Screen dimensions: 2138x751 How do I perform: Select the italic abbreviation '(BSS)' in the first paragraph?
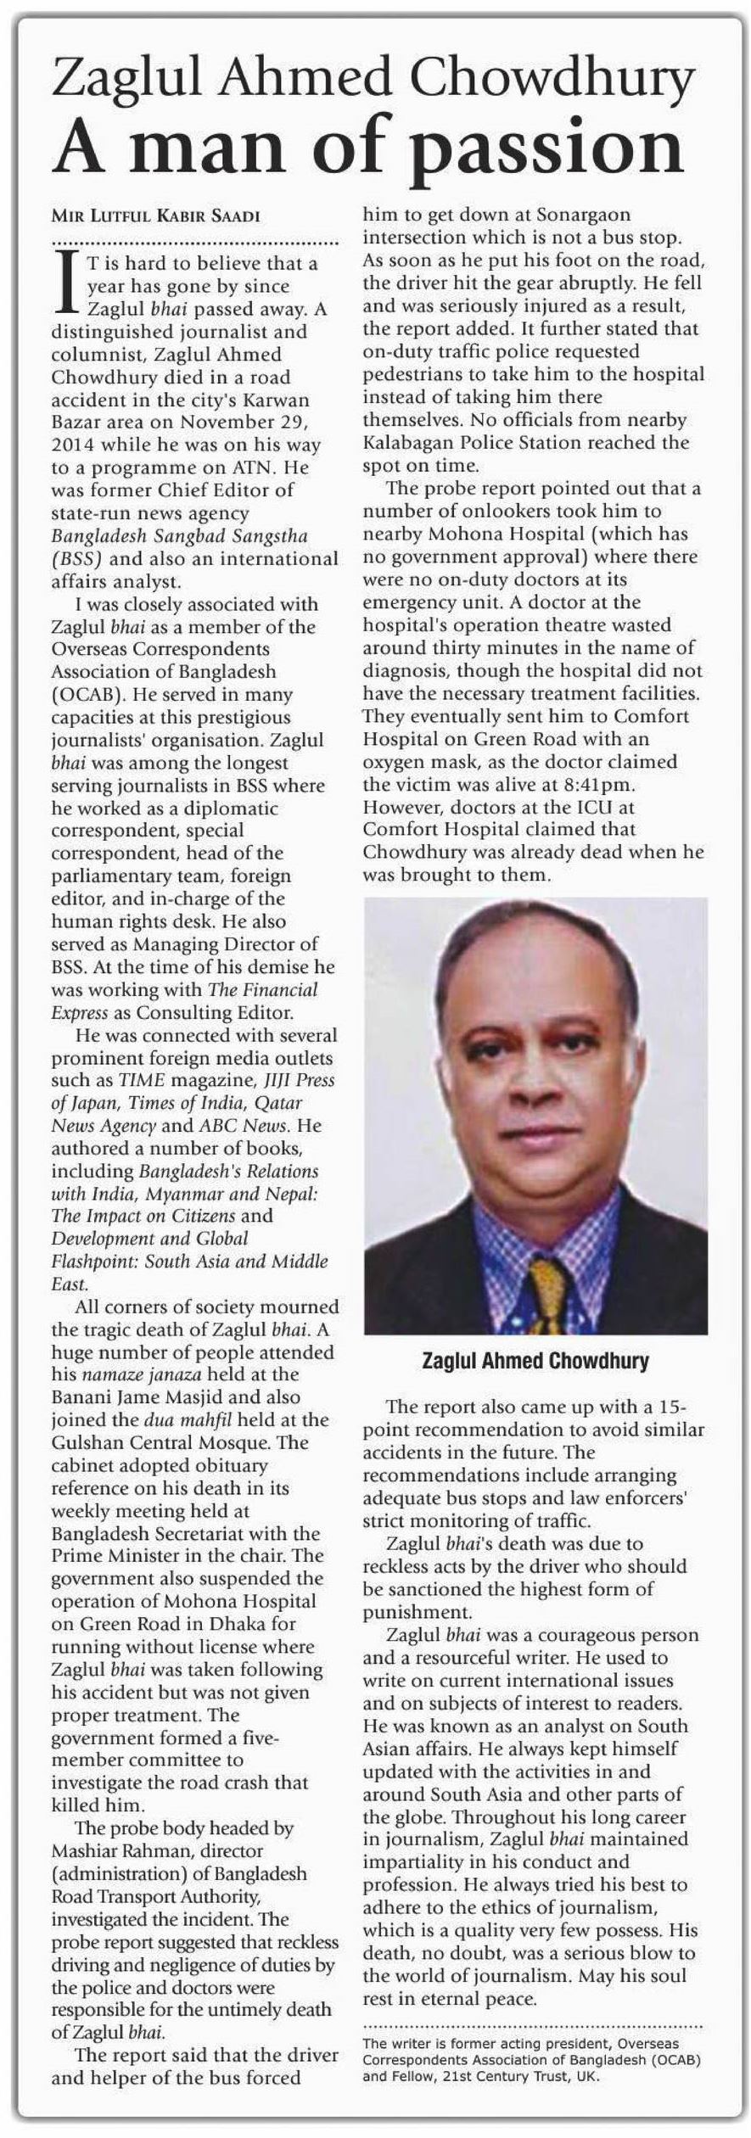pos(77,559)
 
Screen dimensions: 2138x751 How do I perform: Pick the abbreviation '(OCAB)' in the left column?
pos(86,694)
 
